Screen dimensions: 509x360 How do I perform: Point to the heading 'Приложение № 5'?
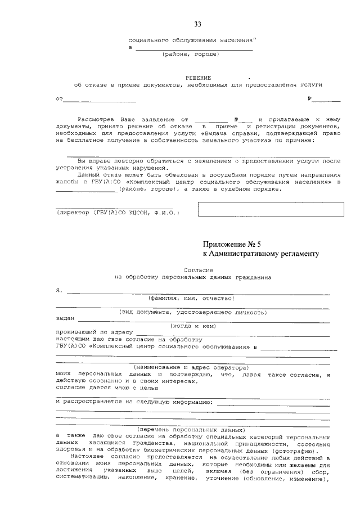232,244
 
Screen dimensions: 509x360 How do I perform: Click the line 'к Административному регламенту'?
260,254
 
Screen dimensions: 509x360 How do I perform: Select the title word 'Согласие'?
196,270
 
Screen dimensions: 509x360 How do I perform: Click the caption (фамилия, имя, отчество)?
191,298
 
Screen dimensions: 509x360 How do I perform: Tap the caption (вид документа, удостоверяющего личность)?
192,312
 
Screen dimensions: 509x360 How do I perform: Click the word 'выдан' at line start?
65,318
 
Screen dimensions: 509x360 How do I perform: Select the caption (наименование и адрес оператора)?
192,367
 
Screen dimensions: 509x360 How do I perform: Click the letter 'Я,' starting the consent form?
59,291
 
